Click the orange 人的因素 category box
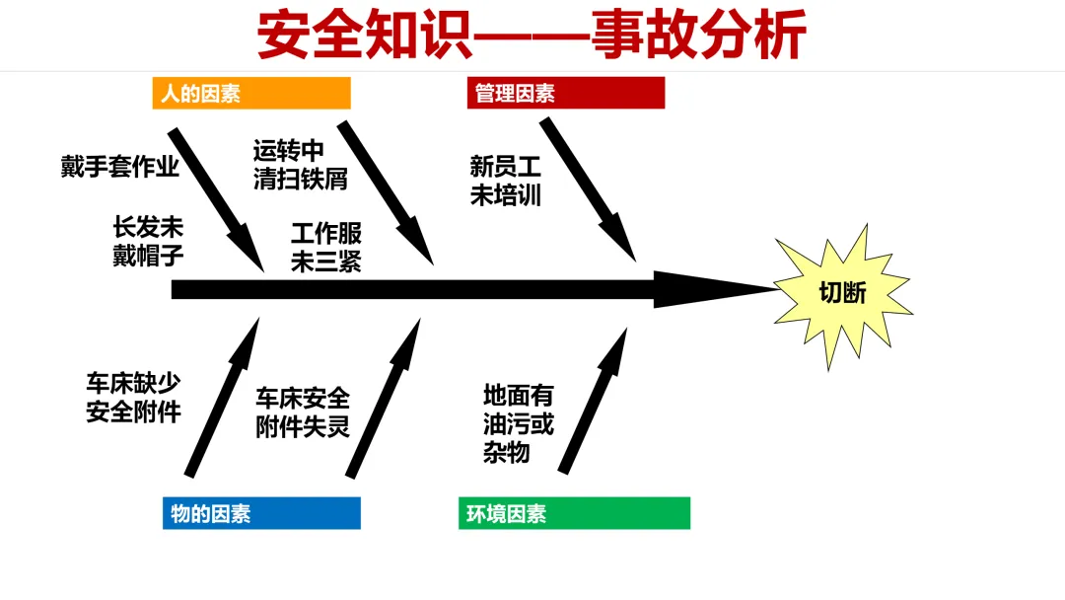tap(251, 94)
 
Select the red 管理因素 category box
tap(566, 94)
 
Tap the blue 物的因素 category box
tap(261, 513)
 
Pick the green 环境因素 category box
tap(574, 513)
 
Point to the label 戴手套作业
tap(120, 167)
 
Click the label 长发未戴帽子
tap(148, 242)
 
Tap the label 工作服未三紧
tap(325, 248)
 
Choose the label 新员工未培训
tap(506, 181)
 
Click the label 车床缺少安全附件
tap(133, 398)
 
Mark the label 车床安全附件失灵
tap(303, 412)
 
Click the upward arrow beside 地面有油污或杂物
tap(594, 401)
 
